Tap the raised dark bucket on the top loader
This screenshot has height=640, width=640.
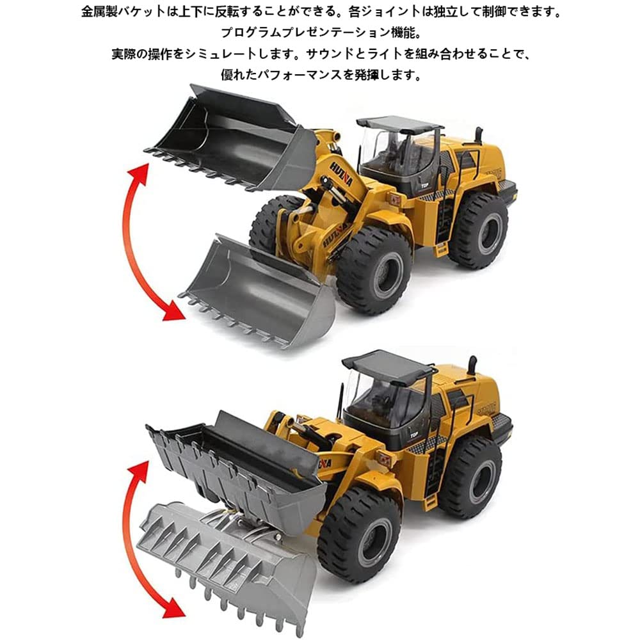click(230, 138)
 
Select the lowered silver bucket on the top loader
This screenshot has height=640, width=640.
click(262, 288)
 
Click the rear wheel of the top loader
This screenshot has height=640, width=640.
click(478, 230)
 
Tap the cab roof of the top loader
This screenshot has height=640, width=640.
click(399, 123)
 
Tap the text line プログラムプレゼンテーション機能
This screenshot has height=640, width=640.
click(319, 33)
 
